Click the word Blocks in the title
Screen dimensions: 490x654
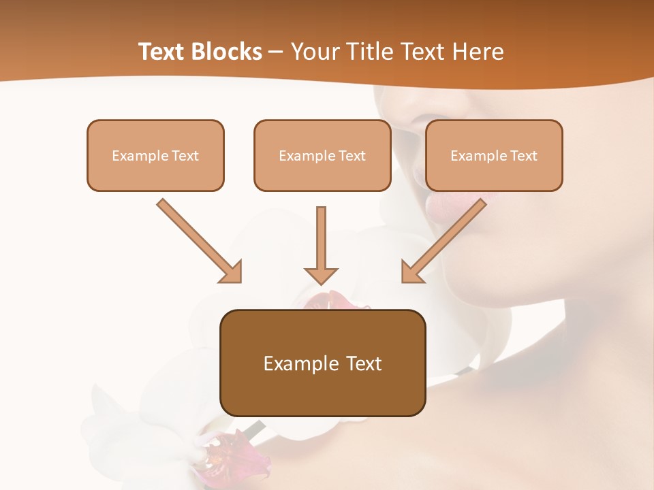click(x=227, y=52)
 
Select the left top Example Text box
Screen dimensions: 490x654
click(x=155, y=155)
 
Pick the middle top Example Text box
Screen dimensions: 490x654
click(x=322, y=155)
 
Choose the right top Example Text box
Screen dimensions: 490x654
click(x=494, y=155)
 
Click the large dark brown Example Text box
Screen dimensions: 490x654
click(x=323, y=363)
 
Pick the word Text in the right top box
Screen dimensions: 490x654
click(x=523, y=156)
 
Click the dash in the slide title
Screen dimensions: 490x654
click(x=277, y=52)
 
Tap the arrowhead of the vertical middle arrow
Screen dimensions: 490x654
click(x=321, y=275)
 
